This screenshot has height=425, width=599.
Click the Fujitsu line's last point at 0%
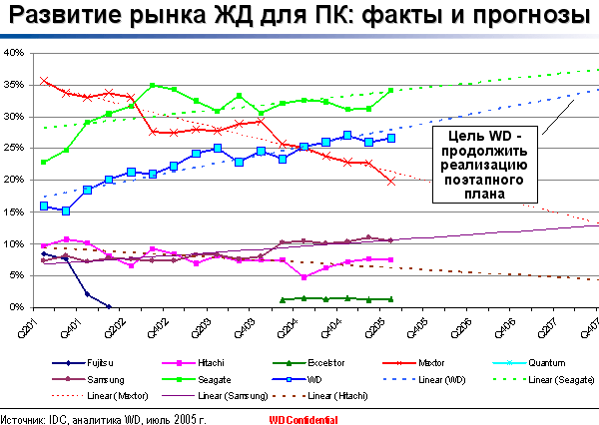point(109,307)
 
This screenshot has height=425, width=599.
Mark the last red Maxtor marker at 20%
point(391,181)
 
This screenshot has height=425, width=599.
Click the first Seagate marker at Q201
point(44,162)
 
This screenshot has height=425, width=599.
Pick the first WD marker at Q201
point(44,206)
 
